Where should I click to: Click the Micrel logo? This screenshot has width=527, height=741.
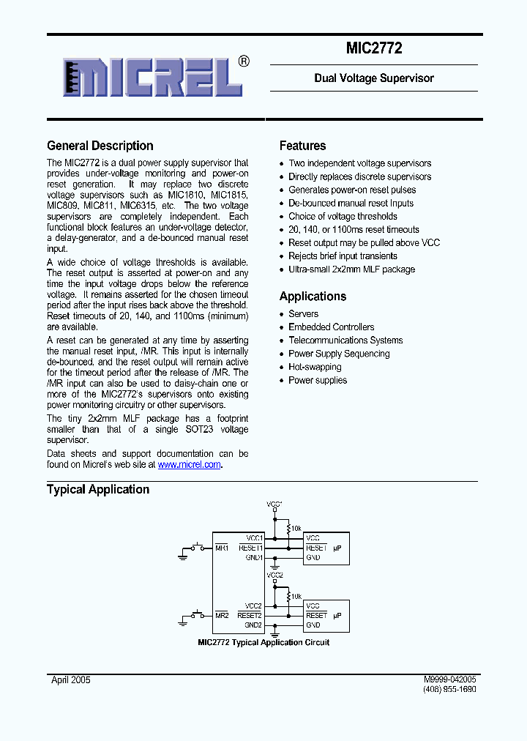[154, 76]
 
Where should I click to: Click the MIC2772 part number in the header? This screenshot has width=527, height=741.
[374, 49]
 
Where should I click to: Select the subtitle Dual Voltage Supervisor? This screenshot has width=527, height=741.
[374, 78]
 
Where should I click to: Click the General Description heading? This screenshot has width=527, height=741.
[100, 146]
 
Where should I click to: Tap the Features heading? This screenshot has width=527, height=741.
[302, 146]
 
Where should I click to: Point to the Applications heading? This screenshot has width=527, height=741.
[313, 297]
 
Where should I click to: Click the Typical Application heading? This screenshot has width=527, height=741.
[98, 490]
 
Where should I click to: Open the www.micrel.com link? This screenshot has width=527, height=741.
[190, 464]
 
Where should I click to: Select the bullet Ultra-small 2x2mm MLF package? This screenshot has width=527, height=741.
[351, 269]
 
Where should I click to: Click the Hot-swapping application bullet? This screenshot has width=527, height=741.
[315, 367]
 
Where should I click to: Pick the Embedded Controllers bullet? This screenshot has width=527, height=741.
[331, 327]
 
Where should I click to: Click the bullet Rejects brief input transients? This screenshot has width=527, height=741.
[343, 256]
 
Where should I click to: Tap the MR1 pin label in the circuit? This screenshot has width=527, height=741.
[222, 548]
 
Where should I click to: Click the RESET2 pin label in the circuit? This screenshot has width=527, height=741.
[250, 616]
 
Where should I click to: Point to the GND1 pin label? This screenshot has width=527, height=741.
[254, 557]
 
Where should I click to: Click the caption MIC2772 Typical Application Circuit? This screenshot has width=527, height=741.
[263, 642]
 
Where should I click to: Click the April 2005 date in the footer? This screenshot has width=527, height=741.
[71, 680]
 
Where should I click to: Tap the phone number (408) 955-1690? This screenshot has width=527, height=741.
[449, 690]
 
